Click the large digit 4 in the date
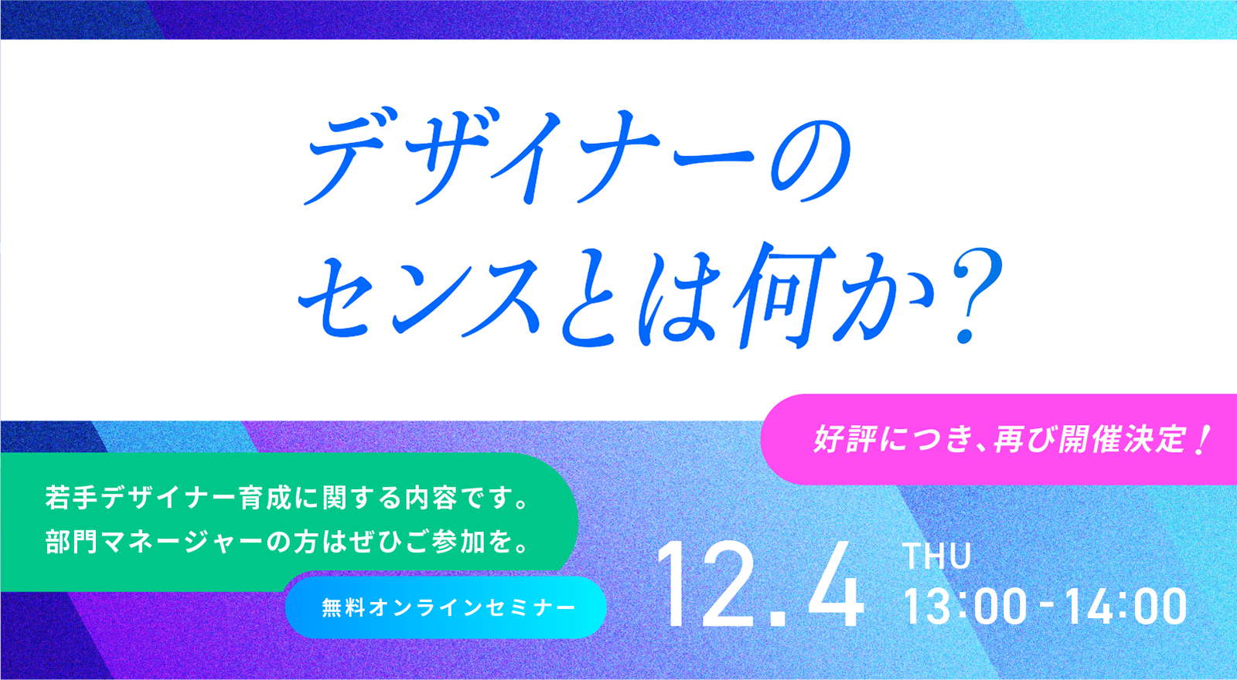835,584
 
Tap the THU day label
936,556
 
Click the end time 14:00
1126,607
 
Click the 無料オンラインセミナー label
448,607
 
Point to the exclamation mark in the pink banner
1201,440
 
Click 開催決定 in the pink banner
1120,440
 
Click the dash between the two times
1044,607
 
